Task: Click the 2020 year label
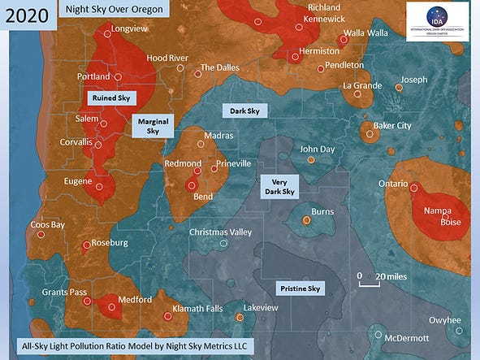[27, 15]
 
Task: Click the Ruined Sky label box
[111, 97]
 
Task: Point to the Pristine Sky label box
[301, 288]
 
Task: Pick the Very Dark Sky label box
[278, 187]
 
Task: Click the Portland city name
[93, 76]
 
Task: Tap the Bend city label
[202, 197]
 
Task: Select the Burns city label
[322, 211]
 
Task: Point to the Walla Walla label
[365, 33]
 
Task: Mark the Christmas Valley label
[220, 232]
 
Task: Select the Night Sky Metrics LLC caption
[134, 346]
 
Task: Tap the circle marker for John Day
[311, 160]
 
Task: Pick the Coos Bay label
[47, 224]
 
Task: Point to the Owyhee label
[444, 319]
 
